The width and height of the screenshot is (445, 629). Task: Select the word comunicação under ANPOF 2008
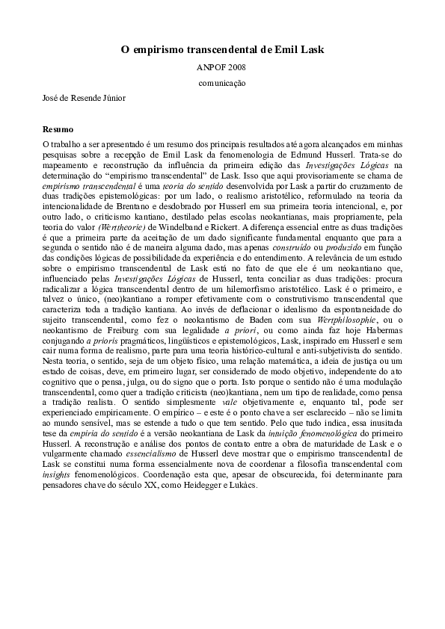[x=222, y=83]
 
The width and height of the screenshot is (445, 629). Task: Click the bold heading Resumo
[x=58, y=129]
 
